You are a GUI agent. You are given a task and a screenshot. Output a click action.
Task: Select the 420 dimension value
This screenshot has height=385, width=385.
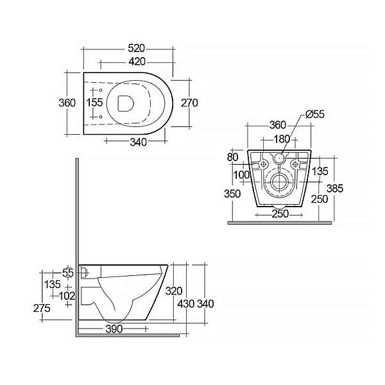pyautogui.click(x=136, y=62)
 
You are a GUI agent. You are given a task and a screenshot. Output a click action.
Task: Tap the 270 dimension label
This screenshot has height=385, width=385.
pyautogui.click(x=189, y=103)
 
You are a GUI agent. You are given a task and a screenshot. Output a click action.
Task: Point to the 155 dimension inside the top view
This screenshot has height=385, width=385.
pyautogui.click(x=94, y=103)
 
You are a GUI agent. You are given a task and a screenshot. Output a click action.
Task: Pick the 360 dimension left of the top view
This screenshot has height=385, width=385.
pyautogui.click(x=67, y=103)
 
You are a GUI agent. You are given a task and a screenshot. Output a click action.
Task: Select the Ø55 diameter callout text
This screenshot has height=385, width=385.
pyautogui.click(x=314, y=114)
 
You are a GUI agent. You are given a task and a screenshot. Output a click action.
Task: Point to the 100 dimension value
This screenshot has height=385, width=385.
pyautogui.click(x=242, y=175)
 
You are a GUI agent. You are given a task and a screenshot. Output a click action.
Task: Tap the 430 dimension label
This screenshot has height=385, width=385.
pyautogui.click(x=186, y=304)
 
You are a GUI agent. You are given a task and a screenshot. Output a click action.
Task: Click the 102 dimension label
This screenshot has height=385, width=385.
pyautogui.click(x=67, y=296)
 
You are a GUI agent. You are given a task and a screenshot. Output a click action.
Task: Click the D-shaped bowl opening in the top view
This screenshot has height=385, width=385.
pyautogui.click(x=127, y=103)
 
